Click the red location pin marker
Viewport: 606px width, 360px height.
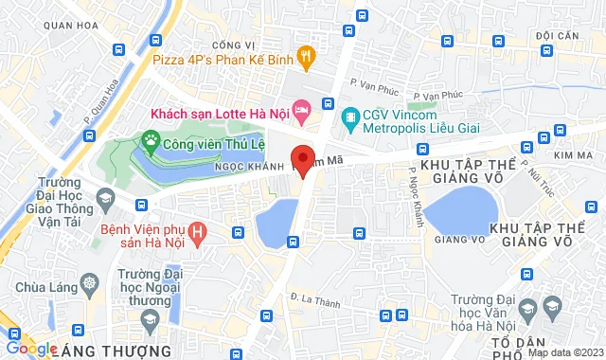point(303,160)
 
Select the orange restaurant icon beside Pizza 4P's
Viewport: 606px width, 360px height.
point(305,56)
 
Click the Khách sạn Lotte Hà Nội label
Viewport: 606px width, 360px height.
point(218,112)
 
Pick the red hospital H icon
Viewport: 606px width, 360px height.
point(197,231)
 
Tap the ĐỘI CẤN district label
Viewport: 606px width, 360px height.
point(557,36)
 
